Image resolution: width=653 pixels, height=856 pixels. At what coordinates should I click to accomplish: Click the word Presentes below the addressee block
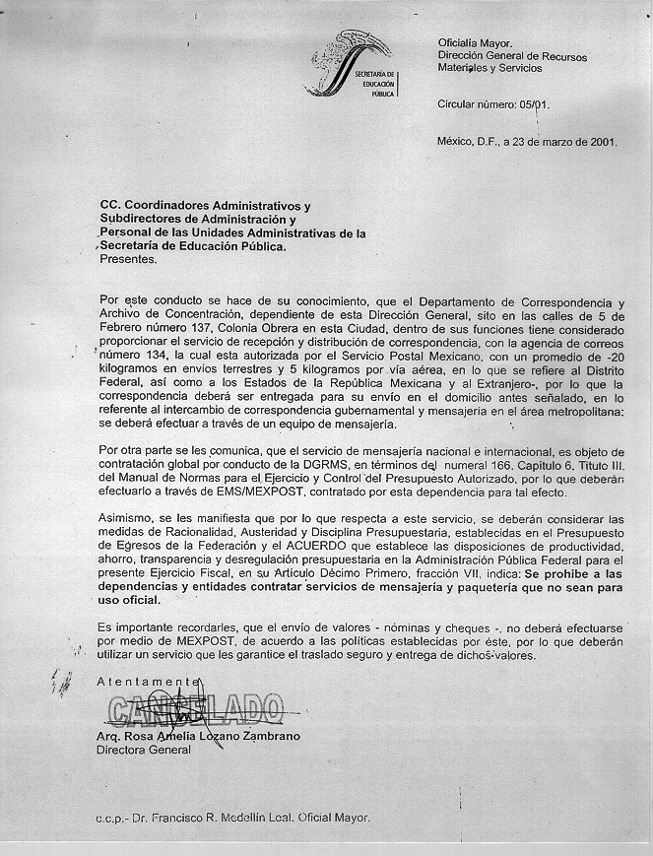point(128,260)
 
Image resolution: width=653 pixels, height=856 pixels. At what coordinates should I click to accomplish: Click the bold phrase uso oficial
point(130,600)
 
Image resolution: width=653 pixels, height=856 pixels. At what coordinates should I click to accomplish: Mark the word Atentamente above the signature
point(149,682)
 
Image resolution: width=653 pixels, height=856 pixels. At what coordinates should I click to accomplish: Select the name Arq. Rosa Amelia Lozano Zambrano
point(198,736)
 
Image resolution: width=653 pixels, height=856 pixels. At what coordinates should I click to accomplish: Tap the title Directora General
point(144,750)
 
